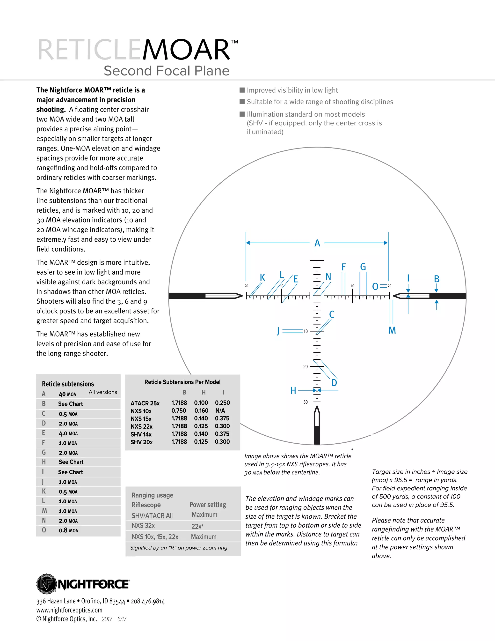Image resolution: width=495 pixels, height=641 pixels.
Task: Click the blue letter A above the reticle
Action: point(317,243)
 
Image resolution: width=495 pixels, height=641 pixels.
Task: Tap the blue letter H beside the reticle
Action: point(293,390)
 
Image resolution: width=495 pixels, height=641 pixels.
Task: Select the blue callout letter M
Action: point(392,330)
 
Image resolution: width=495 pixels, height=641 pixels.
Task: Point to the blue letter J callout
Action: point(278,331)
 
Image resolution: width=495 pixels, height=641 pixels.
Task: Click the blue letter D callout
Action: point(334,383)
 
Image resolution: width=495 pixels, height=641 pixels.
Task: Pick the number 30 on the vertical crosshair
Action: point(305,402)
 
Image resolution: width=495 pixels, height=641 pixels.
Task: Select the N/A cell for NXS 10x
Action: point(220,411)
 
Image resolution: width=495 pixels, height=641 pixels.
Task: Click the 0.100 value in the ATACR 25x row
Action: point(201,403)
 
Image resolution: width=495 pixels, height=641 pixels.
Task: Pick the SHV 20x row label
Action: point(141,442)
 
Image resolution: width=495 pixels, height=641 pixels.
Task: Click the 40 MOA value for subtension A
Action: point(67,394)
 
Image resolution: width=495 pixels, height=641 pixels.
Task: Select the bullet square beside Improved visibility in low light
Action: point(242,90)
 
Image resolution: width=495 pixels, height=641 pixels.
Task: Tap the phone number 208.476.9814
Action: point(147,601)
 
